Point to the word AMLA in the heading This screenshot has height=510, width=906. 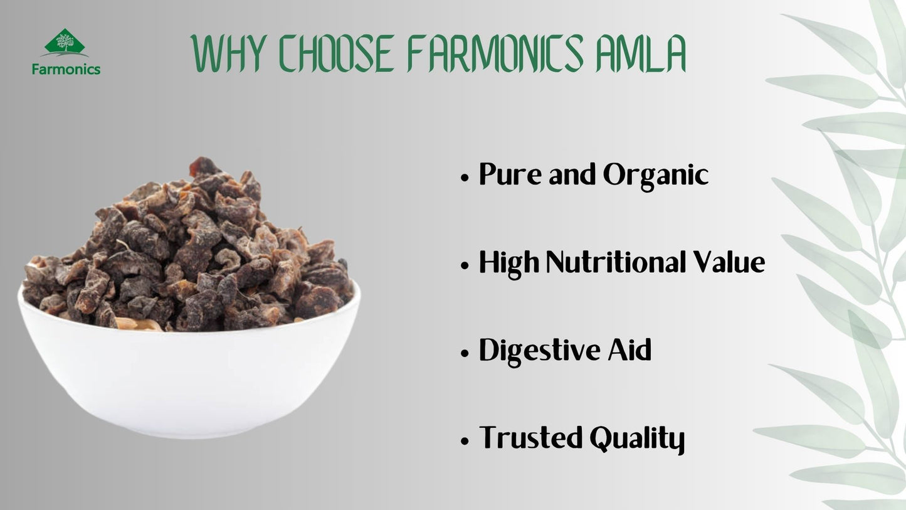641,53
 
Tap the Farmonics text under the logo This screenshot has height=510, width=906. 66,70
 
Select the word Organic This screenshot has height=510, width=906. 656,177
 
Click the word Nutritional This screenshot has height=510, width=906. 616,262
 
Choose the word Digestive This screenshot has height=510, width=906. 540,351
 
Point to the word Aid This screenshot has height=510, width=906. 629,349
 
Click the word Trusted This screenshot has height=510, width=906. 530,438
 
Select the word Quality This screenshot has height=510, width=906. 637,440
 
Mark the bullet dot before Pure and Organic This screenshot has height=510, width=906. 465,178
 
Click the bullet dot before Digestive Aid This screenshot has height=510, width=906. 465,353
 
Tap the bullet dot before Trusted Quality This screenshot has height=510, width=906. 465,441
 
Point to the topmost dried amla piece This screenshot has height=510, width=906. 204,167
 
